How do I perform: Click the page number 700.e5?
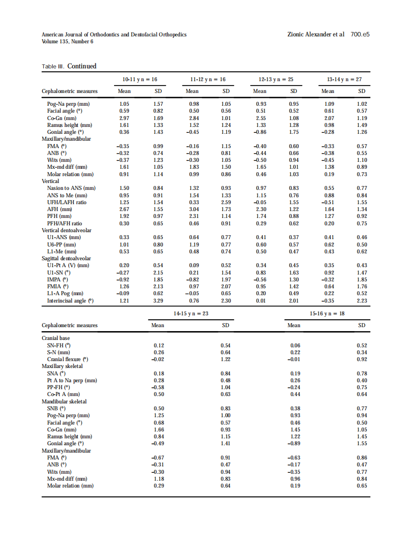click(360, 34)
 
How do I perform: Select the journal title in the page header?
click(114, 34)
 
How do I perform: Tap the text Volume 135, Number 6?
click(67, 41)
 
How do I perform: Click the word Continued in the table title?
click(82, 66)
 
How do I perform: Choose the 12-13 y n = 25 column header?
click(276, 79)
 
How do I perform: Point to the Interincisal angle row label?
click(70, 301)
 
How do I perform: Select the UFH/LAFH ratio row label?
click(67, 202)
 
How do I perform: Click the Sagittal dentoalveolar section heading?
click(66, 258)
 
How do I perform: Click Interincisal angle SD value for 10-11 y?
click(158, 301)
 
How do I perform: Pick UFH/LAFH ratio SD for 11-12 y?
click(226, 202)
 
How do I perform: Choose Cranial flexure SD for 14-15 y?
click(226, 359)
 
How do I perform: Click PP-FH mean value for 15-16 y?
click(294, 387)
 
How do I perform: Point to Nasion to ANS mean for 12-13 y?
click(261, 188)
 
